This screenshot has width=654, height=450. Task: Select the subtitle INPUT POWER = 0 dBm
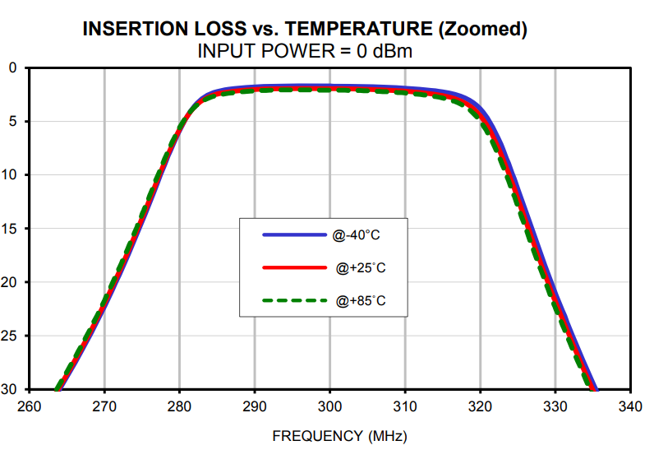(305, 51)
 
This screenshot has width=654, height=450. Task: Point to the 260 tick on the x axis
(30, 406)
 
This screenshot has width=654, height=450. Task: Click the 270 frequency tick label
(104, 406)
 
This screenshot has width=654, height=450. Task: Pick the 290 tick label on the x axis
(255, 406)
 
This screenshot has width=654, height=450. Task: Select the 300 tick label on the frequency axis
(329, 406)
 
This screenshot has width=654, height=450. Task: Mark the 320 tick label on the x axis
(480, 406)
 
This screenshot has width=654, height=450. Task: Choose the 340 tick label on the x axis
(630, 406)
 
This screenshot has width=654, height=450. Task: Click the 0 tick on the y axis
(12, 67)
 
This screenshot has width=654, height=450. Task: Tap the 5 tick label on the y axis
(12, 121)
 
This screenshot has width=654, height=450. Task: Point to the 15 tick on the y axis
(9, 229)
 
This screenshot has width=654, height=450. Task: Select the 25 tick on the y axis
(9, 336)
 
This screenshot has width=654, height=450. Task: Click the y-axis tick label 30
(9, 389)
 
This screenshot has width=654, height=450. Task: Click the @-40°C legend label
(357, 235)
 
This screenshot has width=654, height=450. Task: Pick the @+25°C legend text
(360, 268)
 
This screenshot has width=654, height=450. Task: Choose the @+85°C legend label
(360, 301)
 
